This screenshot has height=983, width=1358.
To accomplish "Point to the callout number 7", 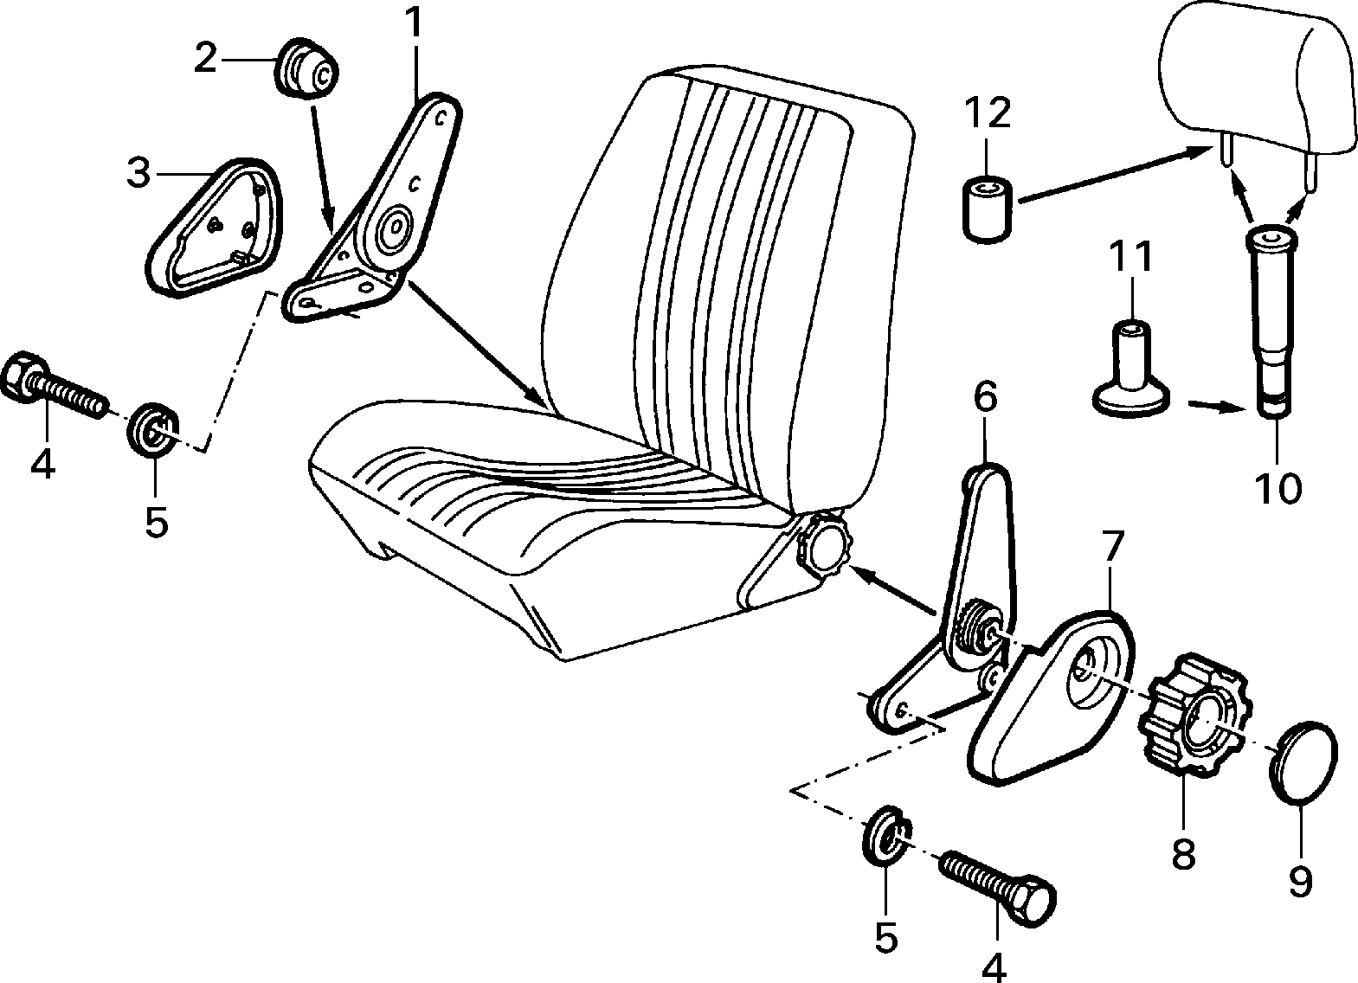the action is point(1111,548).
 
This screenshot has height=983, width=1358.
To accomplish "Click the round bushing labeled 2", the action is point(306,72).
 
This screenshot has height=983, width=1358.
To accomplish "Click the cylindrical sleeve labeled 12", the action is point(987,209).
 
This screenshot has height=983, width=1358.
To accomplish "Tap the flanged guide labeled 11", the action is point(1131,369).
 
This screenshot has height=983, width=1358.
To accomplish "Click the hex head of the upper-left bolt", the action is point(25,376).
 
